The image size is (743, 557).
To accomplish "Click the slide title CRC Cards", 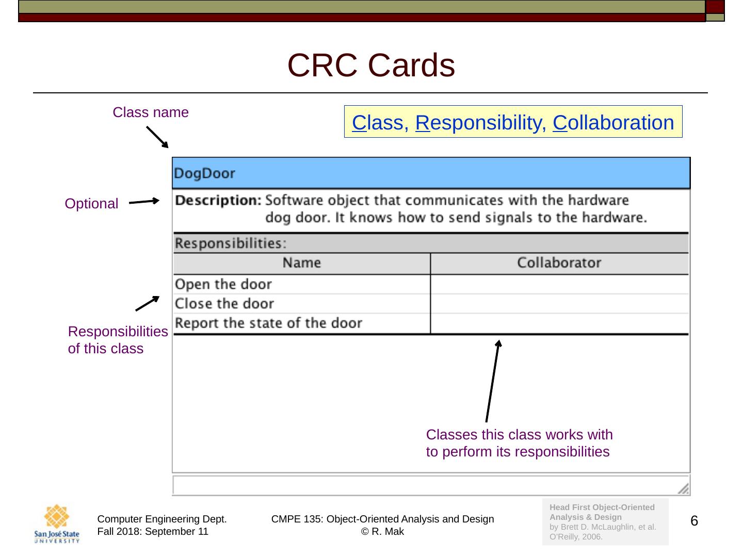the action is [371, 65].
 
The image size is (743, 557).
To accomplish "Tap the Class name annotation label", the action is [151, 112].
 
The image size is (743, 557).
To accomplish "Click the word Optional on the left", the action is [91, 204].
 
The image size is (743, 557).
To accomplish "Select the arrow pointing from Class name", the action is [157, 138].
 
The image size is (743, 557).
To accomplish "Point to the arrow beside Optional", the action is [144, 202].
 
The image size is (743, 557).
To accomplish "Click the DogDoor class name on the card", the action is [204, 173].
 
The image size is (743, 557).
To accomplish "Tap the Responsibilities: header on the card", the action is [230, 243].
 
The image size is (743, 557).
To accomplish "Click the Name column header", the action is [301, 263].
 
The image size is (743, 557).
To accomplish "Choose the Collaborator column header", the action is [559, 263].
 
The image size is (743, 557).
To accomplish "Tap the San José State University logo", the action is [57, 523].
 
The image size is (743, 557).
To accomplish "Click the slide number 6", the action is [694, 521].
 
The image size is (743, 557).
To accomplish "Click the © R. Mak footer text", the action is [382, 532].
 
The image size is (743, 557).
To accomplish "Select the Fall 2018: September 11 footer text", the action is [153, 532].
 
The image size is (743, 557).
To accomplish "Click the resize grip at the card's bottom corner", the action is [683, 489].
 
